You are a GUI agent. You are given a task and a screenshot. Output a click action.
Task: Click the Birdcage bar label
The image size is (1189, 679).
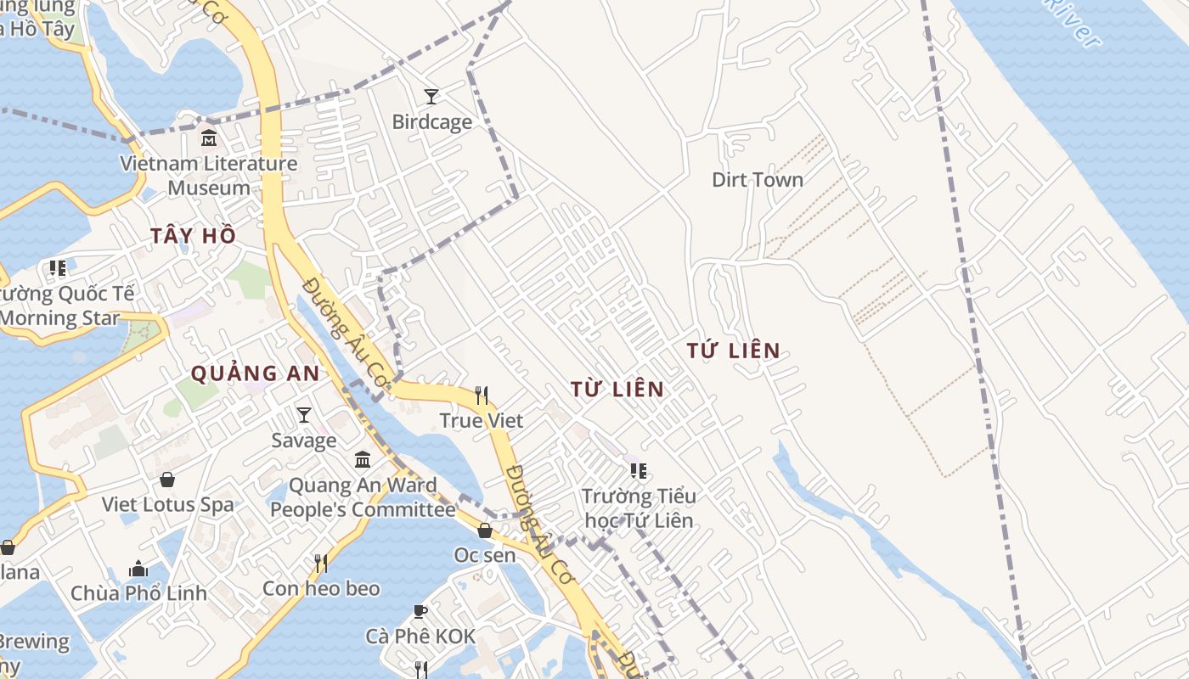coord(431,122)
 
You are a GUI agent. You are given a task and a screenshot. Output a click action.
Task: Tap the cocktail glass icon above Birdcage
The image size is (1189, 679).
coord(431,96)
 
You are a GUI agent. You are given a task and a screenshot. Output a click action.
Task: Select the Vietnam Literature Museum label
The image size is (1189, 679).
coord(208,176)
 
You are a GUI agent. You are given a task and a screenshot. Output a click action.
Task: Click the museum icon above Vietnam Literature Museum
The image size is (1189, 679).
coord(208,137)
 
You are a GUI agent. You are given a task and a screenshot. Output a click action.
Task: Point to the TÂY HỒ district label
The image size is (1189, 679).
coord(193,236)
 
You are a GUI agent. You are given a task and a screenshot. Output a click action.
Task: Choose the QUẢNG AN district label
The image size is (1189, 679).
coord(255,373)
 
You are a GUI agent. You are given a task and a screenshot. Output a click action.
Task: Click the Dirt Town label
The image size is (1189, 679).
coord(758,180)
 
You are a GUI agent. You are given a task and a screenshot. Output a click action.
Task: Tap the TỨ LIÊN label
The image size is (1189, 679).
coord(733,351)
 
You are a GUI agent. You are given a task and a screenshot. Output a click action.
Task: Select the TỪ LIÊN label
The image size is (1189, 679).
coord(617,390)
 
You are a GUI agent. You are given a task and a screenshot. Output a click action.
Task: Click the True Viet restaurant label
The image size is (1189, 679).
coord(482,421)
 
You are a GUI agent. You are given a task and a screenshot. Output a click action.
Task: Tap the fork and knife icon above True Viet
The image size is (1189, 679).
coord(482,395)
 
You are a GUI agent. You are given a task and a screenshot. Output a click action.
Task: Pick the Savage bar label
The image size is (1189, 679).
coord(304,441)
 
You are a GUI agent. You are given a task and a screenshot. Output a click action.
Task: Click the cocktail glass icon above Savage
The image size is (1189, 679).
coord(304,414)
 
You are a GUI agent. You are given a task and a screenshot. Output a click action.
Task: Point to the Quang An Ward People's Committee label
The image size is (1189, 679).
coord(363,498)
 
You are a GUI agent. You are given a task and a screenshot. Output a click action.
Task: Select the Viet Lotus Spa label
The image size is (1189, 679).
coord(167,504)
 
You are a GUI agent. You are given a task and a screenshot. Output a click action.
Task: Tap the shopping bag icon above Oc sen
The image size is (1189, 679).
coord(484,530)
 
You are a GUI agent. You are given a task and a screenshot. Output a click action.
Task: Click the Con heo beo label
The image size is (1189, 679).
coord(321,589)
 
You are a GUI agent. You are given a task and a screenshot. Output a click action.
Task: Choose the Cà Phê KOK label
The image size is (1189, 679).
coord(420,637)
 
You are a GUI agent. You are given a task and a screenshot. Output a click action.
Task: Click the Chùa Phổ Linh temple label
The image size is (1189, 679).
coord(138,593)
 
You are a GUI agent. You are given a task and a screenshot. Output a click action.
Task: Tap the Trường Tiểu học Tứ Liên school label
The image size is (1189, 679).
coord(638,508)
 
